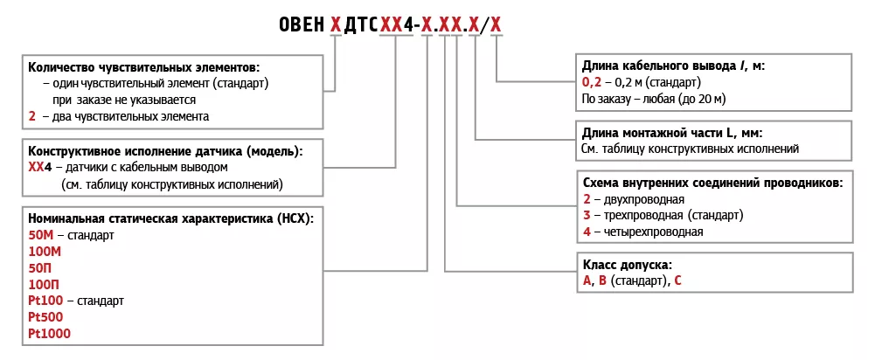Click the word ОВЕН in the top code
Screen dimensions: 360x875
point(299,25)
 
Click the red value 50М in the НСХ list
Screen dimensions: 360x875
point(41,236)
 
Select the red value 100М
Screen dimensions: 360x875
point(45,253)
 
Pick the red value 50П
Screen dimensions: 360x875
point(40,268)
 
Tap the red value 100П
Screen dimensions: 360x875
point(44,284)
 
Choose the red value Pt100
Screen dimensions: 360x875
point(45,301)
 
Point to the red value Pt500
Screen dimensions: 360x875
point(45,316)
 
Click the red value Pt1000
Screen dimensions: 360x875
point(49,333)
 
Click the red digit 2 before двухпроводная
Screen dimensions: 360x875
point(587,199)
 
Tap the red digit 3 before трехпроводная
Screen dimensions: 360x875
point(587,215)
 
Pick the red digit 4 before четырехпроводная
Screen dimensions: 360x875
point(587,232)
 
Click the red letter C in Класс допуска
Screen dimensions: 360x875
point(677,280)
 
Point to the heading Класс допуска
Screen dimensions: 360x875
point(628,264)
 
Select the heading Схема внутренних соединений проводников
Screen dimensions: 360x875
point(712,183)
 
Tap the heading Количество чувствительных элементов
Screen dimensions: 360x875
point(144,66)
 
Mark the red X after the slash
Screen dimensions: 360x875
point(496,25)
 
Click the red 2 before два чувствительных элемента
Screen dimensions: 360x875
point(32,115)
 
